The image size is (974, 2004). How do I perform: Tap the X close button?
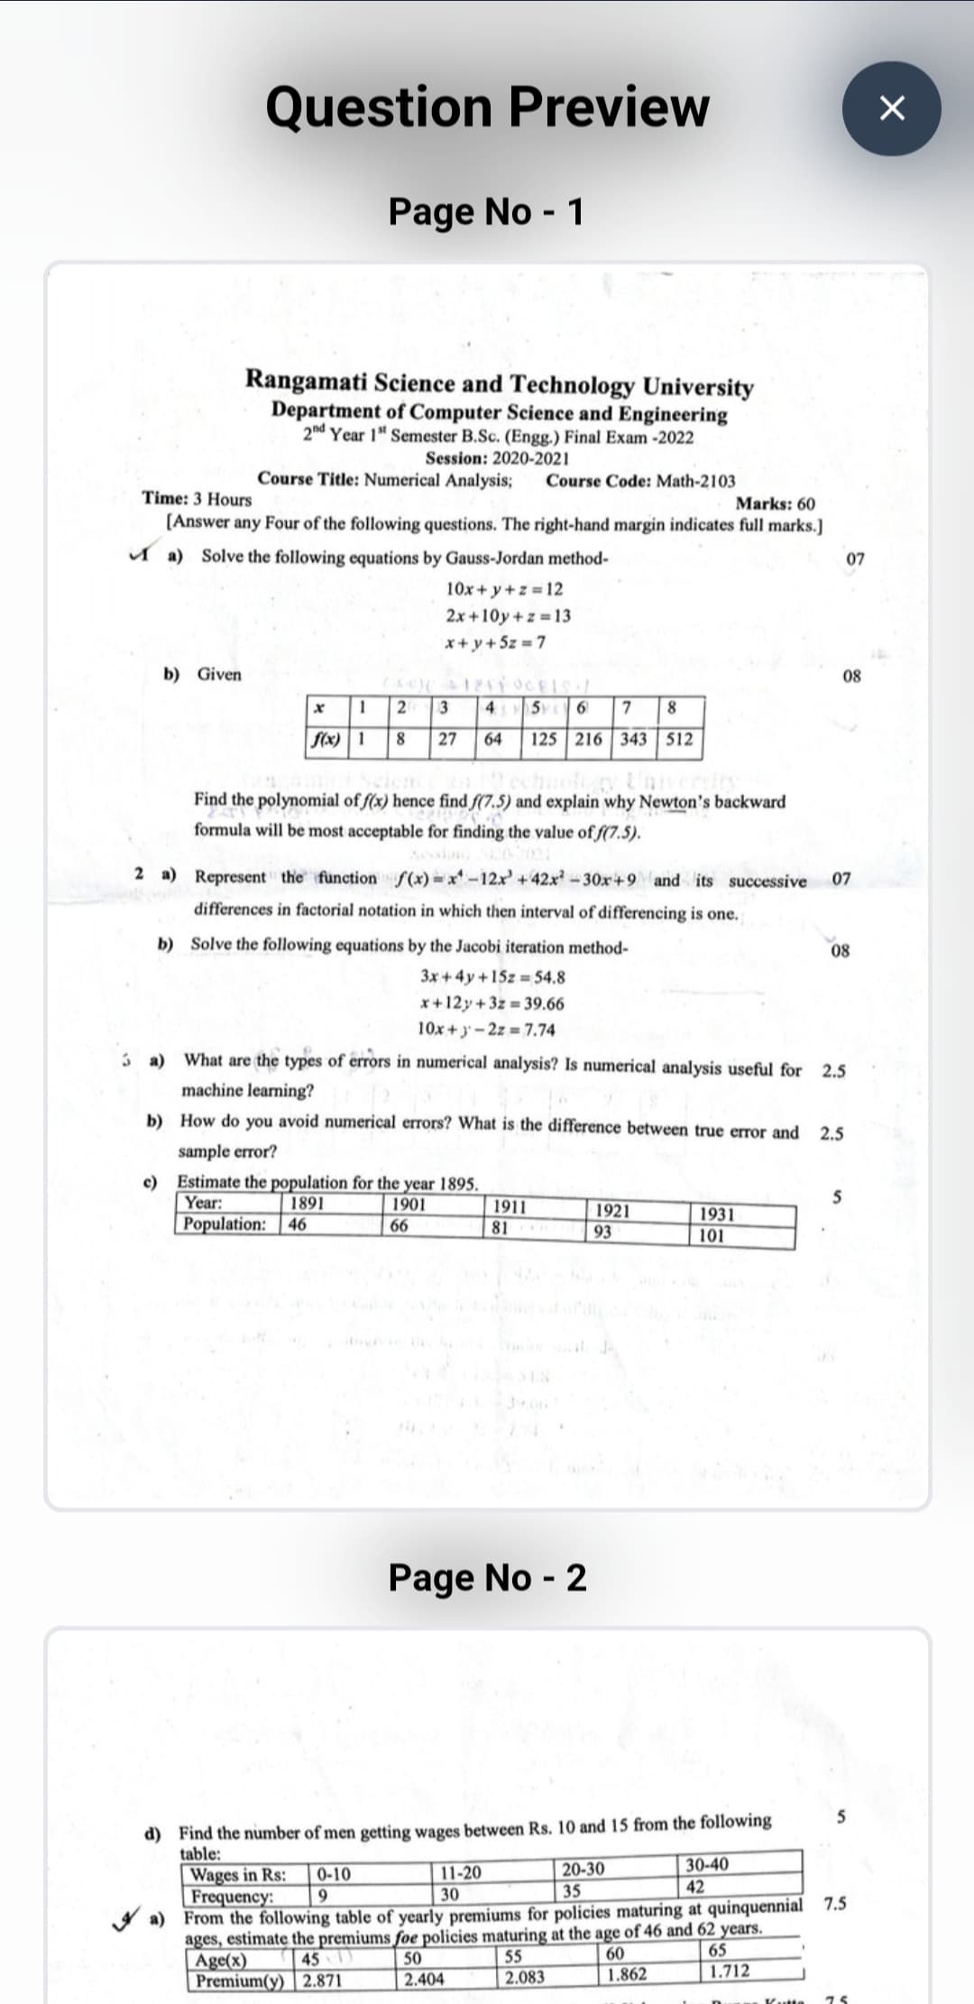click(891, 108)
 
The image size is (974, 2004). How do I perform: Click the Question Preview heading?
click(487, 106)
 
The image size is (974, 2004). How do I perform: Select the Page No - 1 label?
click(486, 211)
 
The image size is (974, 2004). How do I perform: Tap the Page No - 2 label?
click(487, 1577)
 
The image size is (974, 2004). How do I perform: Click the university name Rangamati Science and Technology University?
click(499, 383)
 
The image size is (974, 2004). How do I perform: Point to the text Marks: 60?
click(775, 503)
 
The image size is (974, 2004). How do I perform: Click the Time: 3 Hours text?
click(197, 499)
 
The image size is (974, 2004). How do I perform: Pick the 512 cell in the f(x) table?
click(679, 739)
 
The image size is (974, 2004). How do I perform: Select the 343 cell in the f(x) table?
click(634, 739)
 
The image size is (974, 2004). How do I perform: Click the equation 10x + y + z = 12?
click(504, 589)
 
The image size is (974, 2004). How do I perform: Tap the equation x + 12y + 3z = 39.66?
click(492, 1003)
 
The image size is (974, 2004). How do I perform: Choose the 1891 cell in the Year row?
click(307, 1203)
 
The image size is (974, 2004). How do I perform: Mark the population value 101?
click(712, 1235)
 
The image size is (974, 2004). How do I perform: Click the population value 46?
click(298, 1224)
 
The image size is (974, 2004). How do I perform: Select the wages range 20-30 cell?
click(583, 1868)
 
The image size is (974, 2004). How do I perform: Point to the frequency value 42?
click(695, 1887)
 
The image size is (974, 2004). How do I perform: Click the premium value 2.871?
click(322, 1981)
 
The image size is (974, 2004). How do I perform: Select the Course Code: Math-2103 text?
click(640, 481)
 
